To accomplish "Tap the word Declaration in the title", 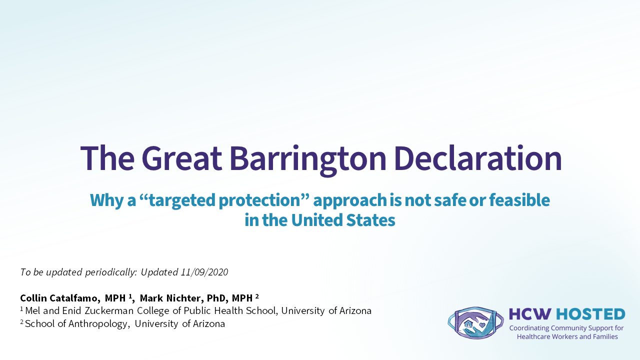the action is [x=479, y=158].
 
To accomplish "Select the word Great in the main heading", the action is [x=181, y=158].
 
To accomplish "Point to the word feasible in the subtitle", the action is [x=519, y=199].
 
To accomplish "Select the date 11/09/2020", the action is [x=204, y=272].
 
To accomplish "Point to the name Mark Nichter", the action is [x=171, y=298].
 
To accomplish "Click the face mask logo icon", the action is [x=475, y=322].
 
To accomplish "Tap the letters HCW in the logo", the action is [x=530, y=314].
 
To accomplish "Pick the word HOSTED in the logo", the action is [x=590, y=314].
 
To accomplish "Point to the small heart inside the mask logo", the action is [x=482, y=325].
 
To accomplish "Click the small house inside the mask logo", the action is [x=468, y=324].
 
